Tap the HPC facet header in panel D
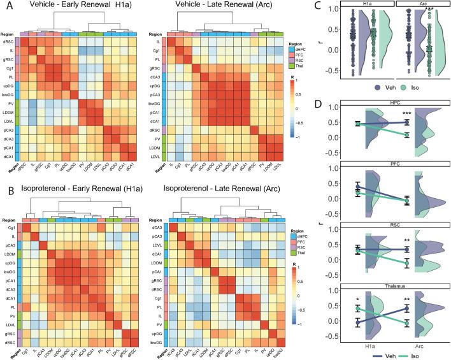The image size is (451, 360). pyautogui.click(x=387, y=103)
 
